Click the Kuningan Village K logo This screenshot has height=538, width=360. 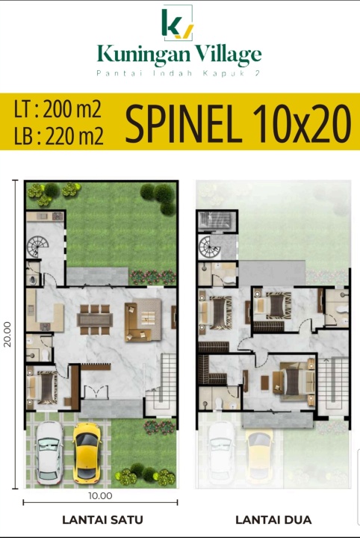pos(177,23)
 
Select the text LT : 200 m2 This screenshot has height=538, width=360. pos(58,109)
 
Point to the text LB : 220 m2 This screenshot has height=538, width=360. pos(58,134)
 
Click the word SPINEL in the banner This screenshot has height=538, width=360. pos(182,123)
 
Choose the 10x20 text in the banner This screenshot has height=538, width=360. pos(302,123)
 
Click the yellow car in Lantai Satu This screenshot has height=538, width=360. pos(87,451)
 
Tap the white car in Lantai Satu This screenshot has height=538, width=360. pos(49,452)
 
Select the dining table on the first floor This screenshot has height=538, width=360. pos(95,320)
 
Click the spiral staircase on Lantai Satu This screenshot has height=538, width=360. pos(37,246)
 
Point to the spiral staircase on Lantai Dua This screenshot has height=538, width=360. pos(208,247)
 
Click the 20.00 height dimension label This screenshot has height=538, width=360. pos(7,334)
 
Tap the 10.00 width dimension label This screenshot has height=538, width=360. pos(100,496)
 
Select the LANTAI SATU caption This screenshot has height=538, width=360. pos(102,520)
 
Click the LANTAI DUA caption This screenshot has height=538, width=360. pos(273,520)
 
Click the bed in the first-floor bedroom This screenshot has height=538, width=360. pos(43,387)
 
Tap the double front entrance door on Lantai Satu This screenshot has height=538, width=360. pos(96,392)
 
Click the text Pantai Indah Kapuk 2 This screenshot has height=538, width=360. pos(179,73)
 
